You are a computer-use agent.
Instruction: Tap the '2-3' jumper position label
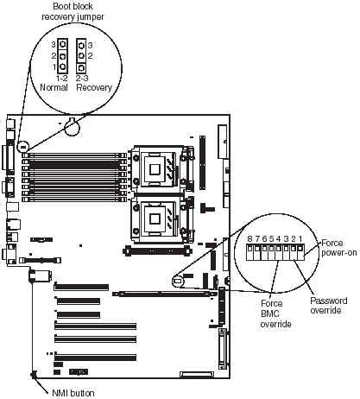pyautogui.click(x=82, y=78)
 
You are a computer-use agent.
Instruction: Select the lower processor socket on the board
pyautogui.click(x=156, y=219)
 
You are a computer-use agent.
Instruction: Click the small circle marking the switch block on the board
pyautogui.click(x=178, y=281)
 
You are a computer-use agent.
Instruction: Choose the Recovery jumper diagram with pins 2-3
pyautogui.click(x=81, y=55)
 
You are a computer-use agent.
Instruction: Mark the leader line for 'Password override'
pyautogui.click(x=307, y=278)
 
